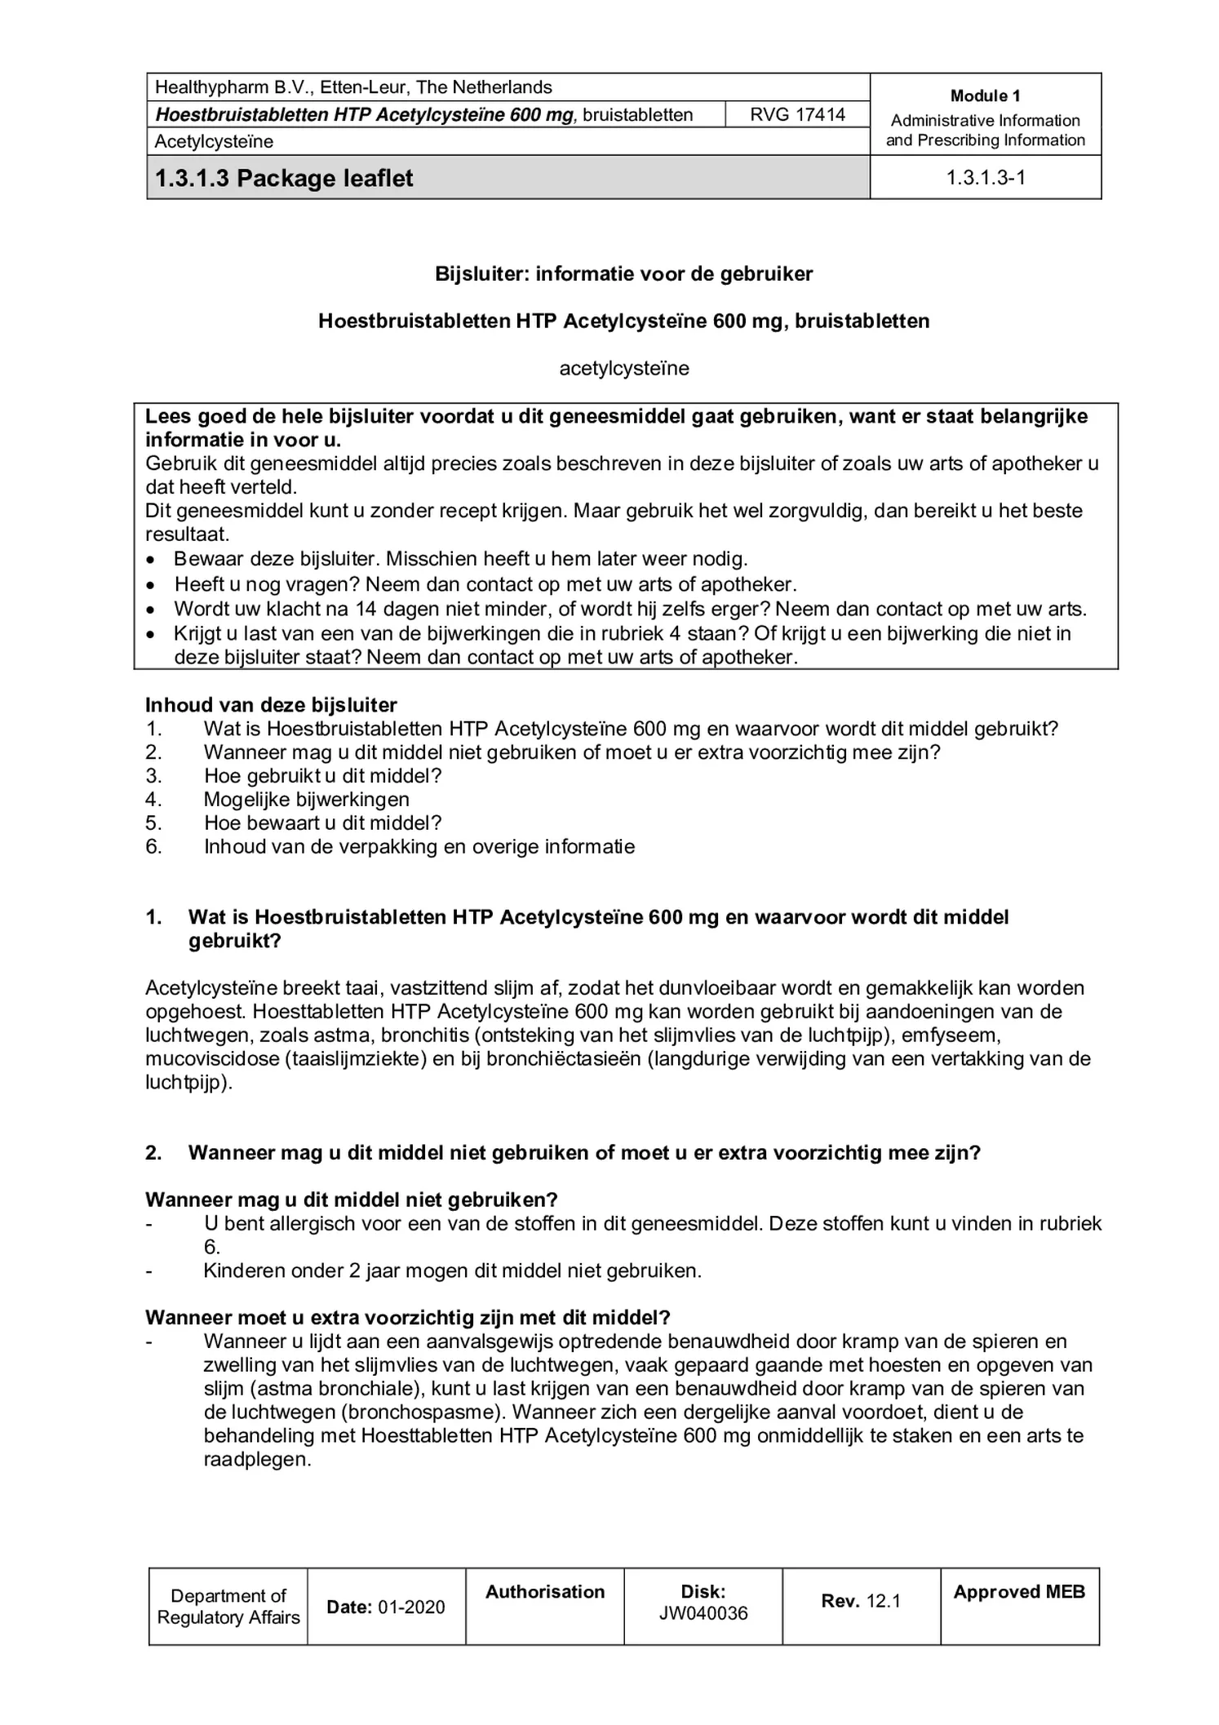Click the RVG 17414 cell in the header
pos(796,114)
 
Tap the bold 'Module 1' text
pos(985,95)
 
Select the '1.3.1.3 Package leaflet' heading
pos(284,178)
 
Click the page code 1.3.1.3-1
pos(985,178)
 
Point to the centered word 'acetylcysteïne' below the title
pos(623,368)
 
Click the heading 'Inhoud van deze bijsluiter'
pos(271,705)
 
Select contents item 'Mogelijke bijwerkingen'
pos(306,800)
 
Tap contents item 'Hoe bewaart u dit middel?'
pos(322,823)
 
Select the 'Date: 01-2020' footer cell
pos(386,1607)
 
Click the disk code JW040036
pos(703,1613)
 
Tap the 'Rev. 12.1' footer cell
pos(860,1601)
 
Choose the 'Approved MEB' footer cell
pos(1018,1592)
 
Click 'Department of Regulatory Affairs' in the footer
pos(228,1607)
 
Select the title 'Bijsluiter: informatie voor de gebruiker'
pos(623,273)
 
